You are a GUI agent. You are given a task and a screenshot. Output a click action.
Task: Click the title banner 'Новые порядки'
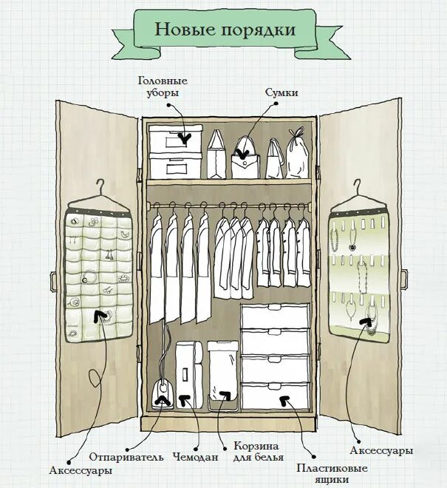pos(225,30)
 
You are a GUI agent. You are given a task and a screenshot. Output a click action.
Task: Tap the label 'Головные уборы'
pos(163,86)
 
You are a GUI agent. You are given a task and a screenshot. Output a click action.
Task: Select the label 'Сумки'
pos(281,92)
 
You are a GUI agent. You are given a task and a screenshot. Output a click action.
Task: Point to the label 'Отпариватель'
pos(126,456)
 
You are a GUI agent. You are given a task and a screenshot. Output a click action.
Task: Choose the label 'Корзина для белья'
pos(258,451)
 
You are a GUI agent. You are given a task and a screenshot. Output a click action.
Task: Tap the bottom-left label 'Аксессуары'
pos(81,470)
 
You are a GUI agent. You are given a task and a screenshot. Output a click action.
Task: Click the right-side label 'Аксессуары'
pos(381,450)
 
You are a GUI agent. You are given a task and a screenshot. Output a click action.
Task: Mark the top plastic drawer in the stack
pos(275,316)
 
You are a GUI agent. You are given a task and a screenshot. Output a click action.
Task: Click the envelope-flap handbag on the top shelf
pos(246,159)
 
